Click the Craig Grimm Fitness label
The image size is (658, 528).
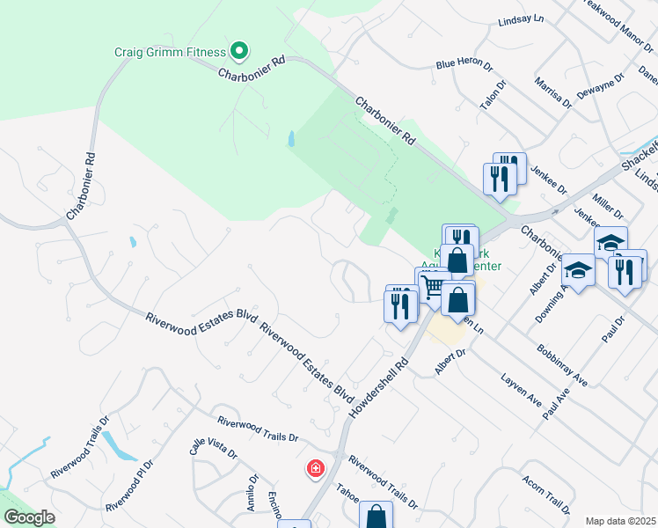coord(171,51)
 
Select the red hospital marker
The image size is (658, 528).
coord(315,469)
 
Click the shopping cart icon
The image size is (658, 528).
coord(431,286)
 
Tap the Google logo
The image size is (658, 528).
coord(29,518)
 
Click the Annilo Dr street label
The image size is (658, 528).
coord(251,494)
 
